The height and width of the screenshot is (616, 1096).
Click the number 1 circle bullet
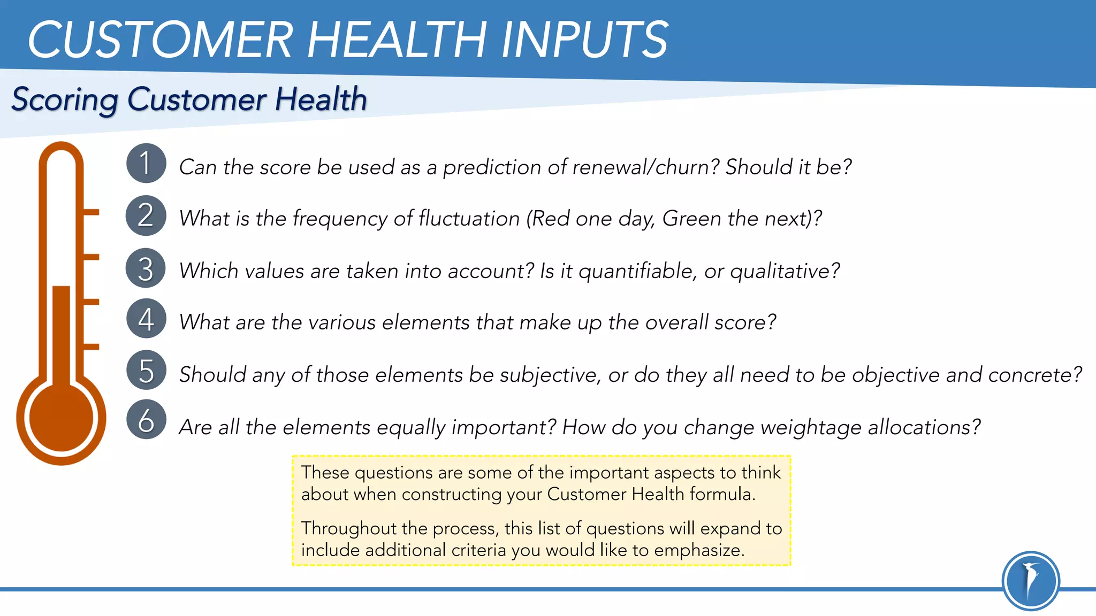tap(146, 163)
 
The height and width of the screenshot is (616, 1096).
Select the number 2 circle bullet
tap(146, 215)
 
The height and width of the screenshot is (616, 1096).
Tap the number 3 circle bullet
tap(146, 268)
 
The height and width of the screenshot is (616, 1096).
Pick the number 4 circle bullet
tap(146, 319)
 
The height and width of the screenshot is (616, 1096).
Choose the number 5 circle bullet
tap(146, 370)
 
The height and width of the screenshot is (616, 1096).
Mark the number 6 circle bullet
tap(146, 420)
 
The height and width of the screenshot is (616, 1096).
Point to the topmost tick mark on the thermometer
tap(91, 212)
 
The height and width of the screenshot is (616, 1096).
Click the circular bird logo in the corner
tap(1030, 581)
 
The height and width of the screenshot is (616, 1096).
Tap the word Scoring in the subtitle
tap(64, 100)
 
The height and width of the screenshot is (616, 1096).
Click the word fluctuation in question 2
tap(469, 219)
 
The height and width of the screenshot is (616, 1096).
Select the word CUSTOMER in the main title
tap(159, 40)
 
